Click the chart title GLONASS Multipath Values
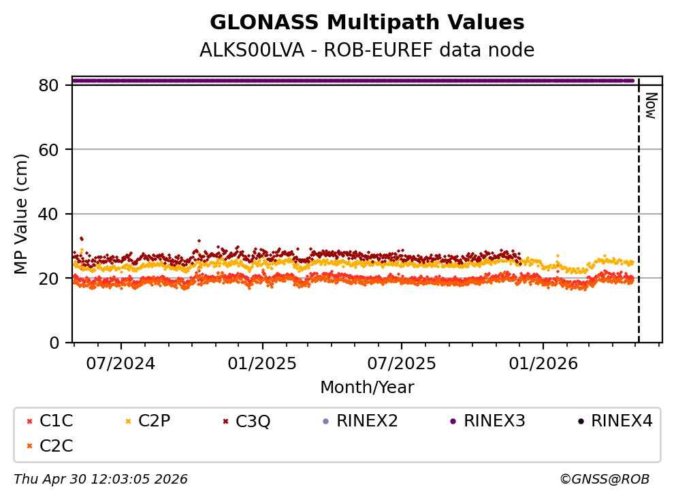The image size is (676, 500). click(x=367, y=23)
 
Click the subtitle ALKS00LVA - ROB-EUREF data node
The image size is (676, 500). click(x=367, y=50)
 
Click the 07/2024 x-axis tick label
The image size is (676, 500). click(x=120, y=363)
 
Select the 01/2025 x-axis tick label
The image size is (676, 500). click(x=263, y=363)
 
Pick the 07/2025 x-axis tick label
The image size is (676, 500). click(x=401, y=363)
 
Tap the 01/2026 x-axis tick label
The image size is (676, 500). click(x=543, y=363)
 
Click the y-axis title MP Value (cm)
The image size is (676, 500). click(x=22, y=214)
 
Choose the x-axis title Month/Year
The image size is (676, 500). click(x=367, y=388)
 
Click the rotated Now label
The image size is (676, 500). click(x=650, y=106)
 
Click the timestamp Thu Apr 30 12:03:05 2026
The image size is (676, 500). click(x=101, y=480)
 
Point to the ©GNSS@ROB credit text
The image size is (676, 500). click(x=605, y=480)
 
